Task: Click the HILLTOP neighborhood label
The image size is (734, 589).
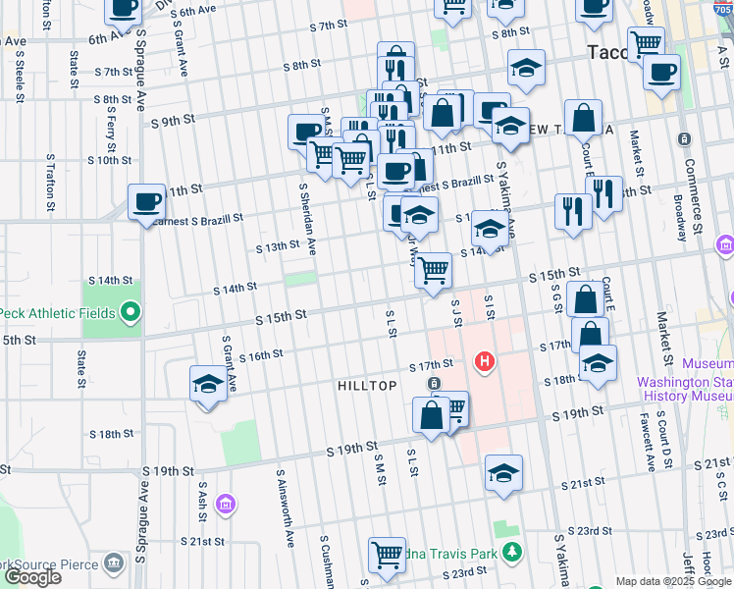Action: (367, 386)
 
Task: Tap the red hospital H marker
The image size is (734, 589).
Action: (484, 362)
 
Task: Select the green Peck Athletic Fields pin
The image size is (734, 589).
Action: (130, 314)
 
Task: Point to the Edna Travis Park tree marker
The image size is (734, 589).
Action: (510, 554)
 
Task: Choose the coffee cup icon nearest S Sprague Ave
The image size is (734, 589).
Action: (147, 202)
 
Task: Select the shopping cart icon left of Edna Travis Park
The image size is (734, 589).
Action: (388, 555)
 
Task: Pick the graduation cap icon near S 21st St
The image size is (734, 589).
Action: (503, 472)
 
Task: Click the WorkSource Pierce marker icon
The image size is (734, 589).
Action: (115, 563)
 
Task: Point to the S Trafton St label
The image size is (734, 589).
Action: (50, 183)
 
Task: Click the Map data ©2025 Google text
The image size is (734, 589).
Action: (672, 580)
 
